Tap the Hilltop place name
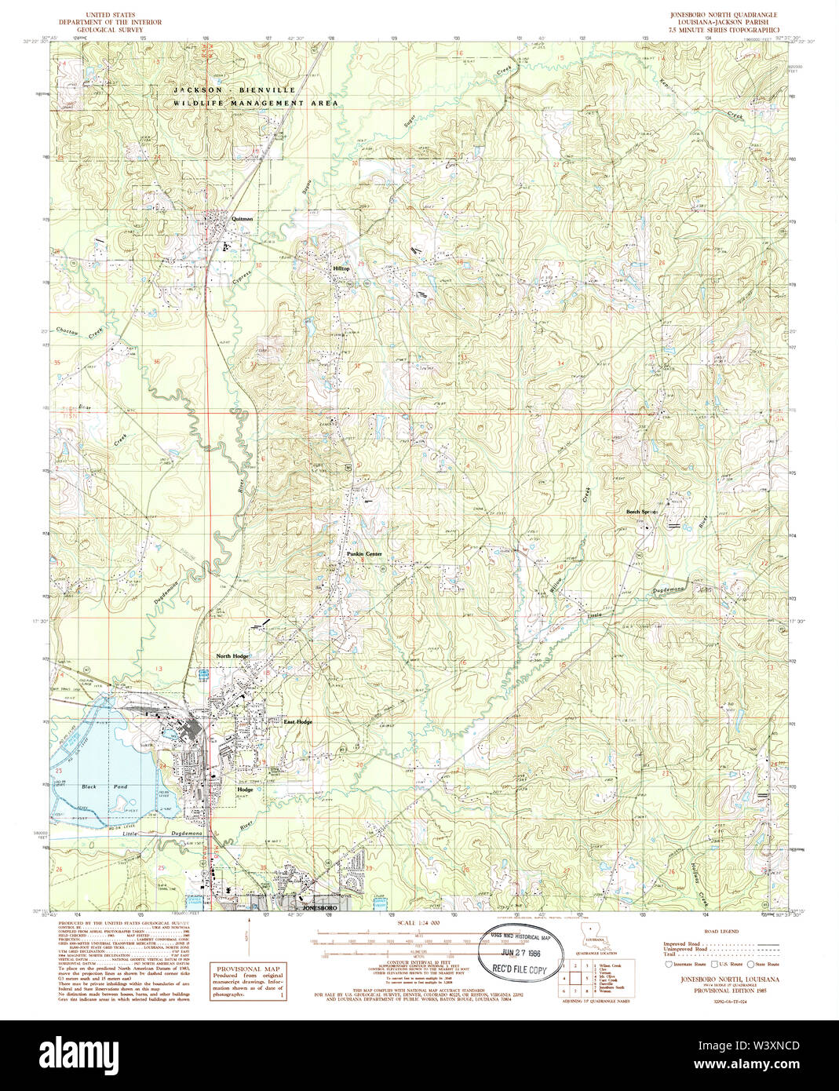click(x=341, y=268)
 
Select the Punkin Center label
click(x=364, y=554)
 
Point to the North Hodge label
click(x=233, y=656)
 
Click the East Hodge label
click(x=298, y=721)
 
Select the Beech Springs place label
click(x=642, y=512)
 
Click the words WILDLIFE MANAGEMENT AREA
click(x=256, y=103)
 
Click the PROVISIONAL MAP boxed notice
click(x=248, y=982)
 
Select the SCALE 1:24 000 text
click(x=419, y=923)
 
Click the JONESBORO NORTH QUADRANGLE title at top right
click(x=723, y=15)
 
